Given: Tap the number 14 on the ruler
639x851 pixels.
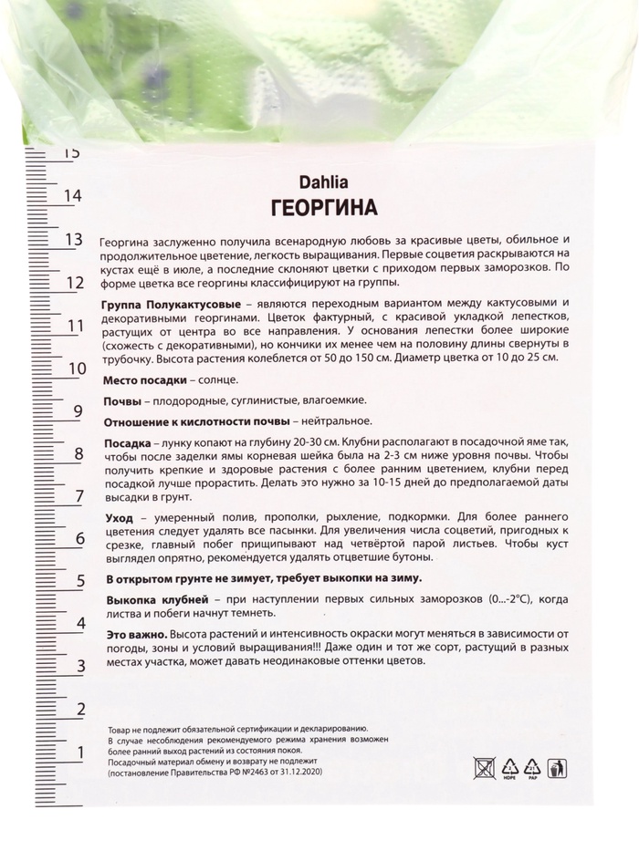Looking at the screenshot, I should click(72, 195).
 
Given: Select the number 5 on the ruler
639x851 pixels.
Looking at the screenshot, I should click(80, 580).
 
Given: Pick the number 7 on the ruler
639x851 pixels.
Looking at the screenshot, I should click(79, 496).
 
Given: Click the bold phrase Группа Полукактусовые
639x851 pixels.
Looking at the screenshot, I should click(173, 302).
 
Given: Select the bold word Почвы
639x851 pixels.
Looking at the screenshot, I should click(121, 400).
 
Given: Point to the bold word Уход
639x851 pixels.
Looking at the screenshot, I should click(120, 517).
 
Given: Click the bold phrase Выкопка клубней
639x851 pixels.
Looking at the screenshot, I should click(158, 598).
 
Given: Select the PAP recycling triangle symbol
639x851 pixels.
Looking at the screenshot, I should click(533, 767).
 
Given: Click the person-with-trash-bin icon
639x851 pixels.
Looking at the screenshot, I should click(557, 768).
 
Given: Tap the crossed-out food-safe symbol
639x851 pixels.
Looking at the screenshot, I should click(485, 767).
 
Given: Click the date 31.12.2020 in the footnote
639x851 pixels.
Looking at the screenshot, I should click(295, 772).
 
